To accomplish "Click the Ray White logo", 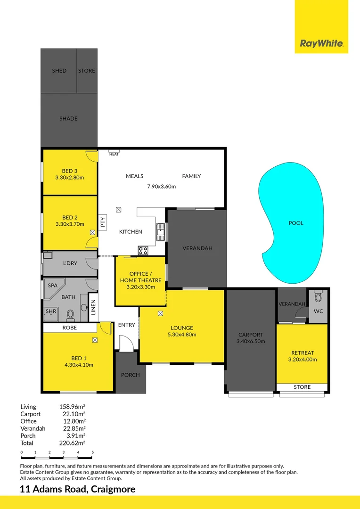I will [x=321, y=44].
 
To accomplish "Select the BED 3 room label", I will [x=69, y=171].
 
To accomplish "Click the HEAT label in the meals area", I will [x=114, y=155].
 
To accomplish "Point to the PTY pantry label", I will [x=102, y=221].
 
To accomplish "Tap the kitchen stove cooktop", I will [x=143, y=250].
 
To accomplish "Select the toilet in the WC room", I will [x=318, y=296].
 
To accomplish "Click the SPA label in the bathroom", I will [x=53, y=286].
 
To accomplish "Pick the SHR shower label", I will [x=50, y=312].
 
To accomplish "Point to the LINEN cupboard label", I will [x=93, y=307].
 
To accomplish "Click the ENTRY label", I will [x=126, y=325].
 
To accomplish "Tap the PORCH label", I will [x=131, y=375].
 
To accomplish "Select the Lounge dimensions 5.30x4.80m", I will [x=182, y=335].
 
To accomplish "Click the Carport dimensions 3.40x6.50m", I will [x=251, y=342].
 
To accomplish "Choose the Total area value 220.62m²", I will [x=72, y=443].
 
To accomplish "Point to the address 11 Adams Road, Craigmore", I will [x=78, y=489].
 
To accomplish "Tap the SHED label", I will [x=59, y=71].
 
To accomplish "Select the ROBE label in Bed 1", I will [x=69, y=327].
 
